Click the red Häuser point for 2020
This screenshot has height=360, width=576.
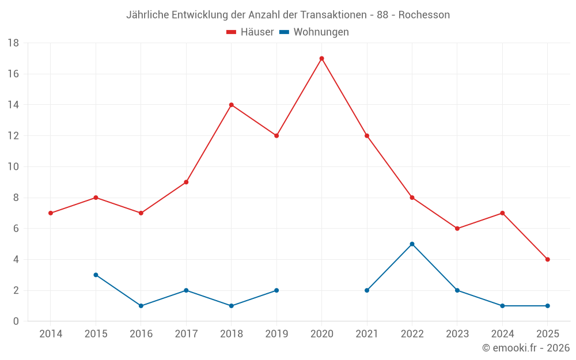321,58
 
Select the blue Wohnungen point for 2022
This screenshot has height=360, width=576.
412,244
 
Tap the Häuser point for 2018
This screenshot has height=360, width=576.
231,105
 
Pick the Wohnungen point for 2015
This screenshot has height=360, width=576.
96,275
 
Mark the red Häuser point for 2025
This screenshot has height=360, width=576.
547,259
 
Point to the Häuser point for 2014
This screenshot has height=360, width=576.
51,213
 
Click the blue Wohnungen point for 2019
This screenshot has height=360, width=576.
276,290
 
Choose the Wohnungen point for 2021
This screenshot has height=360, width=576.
367,290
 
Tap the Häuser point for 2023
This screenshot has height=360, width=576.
457,229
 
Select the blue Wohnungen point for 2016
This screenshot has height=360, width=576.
141,306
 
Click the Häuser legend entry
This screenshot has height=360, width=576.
250,32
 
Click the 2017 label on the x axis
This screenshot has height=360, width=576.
186,334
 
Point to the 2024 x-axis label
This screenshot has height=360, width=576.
502,334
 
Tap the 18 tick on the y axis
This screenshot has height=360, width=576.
13,43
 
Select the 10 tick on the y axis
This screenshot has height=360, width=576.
13,167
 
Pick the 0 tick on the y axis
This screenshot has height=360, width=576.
16,321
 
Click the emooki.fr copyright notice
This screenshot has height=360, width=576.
526,348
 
